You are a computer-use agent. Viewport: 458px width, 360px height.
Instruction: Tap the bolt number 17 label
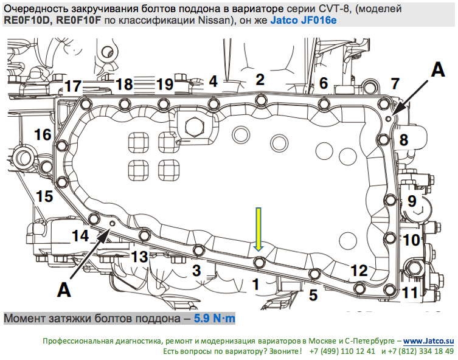pos(74,86)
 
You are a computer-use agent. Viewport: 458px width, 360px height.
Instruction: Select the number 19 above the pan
pos(164,84)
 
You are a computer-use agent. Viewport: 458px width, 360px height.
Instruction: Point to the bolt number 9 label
pos(411,200)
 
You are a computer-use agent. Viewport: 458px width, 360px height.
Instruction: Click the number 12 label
pos(359,269)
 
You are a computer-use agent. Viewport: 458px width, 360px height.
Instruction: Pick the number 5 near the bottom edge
pos(313,296)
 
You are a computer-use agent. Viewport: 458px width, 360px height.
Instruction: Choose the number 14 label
pos(80,235)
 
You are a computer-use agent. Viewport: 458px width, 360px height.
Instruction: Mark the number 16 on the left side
pos(42,134)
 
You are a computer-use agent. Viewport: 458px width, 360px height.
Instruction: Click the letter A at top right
pos(438,70)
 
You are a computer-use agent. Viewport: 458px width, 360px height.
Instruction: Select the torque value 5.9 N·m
pos(214,318)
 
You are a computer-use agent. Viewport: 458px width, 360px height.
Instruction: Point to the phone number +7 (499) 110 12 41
pos(343,351)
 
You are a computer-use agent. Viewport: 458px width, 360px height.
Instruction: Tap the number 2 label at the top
pos(260,79)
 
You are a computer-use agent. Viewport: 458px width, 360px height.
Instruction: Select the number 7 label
pos(395,83)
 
